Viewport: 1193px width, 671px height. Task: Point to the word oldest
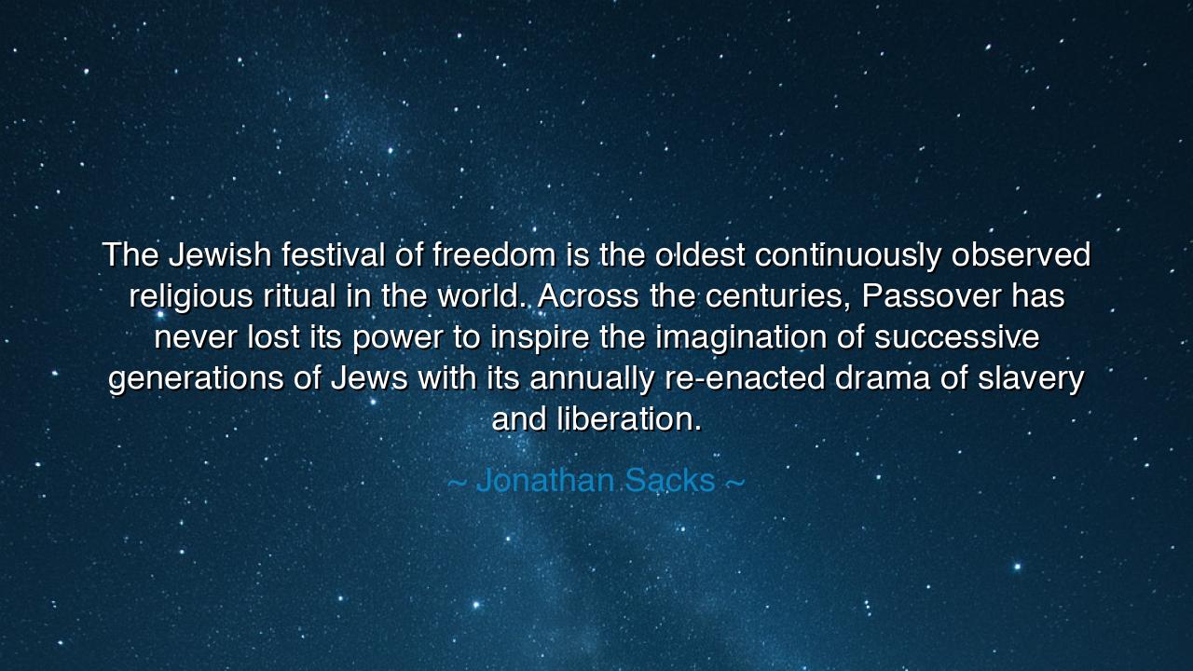point(700,254)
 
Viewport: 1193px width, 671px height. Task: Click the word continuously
point(848,255)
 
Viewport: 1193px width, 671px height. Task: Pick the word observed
point(1021,254)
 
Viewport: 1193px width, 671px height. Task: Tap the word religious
point(191,296)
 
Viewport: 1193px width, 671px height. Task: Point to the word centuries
point(777,296)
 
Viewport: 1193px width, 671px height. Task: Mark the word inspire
point(540,337)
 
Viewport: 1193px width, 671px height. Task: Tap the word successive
point(956,337)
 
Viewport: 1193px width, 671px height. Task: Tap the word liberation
point(629,419)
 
